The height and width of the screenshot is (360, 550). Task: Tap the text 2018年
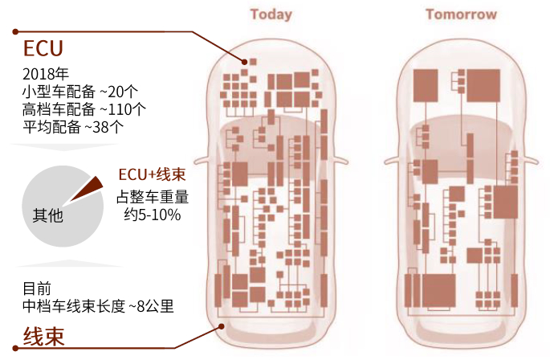[46, 76]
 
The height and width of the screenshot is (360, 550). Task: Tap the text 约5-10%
[152, 215]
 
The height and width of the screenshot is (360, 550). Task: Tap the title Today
[271, 14]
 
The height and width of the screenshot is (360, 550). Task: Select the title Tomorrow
[461, 14]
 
